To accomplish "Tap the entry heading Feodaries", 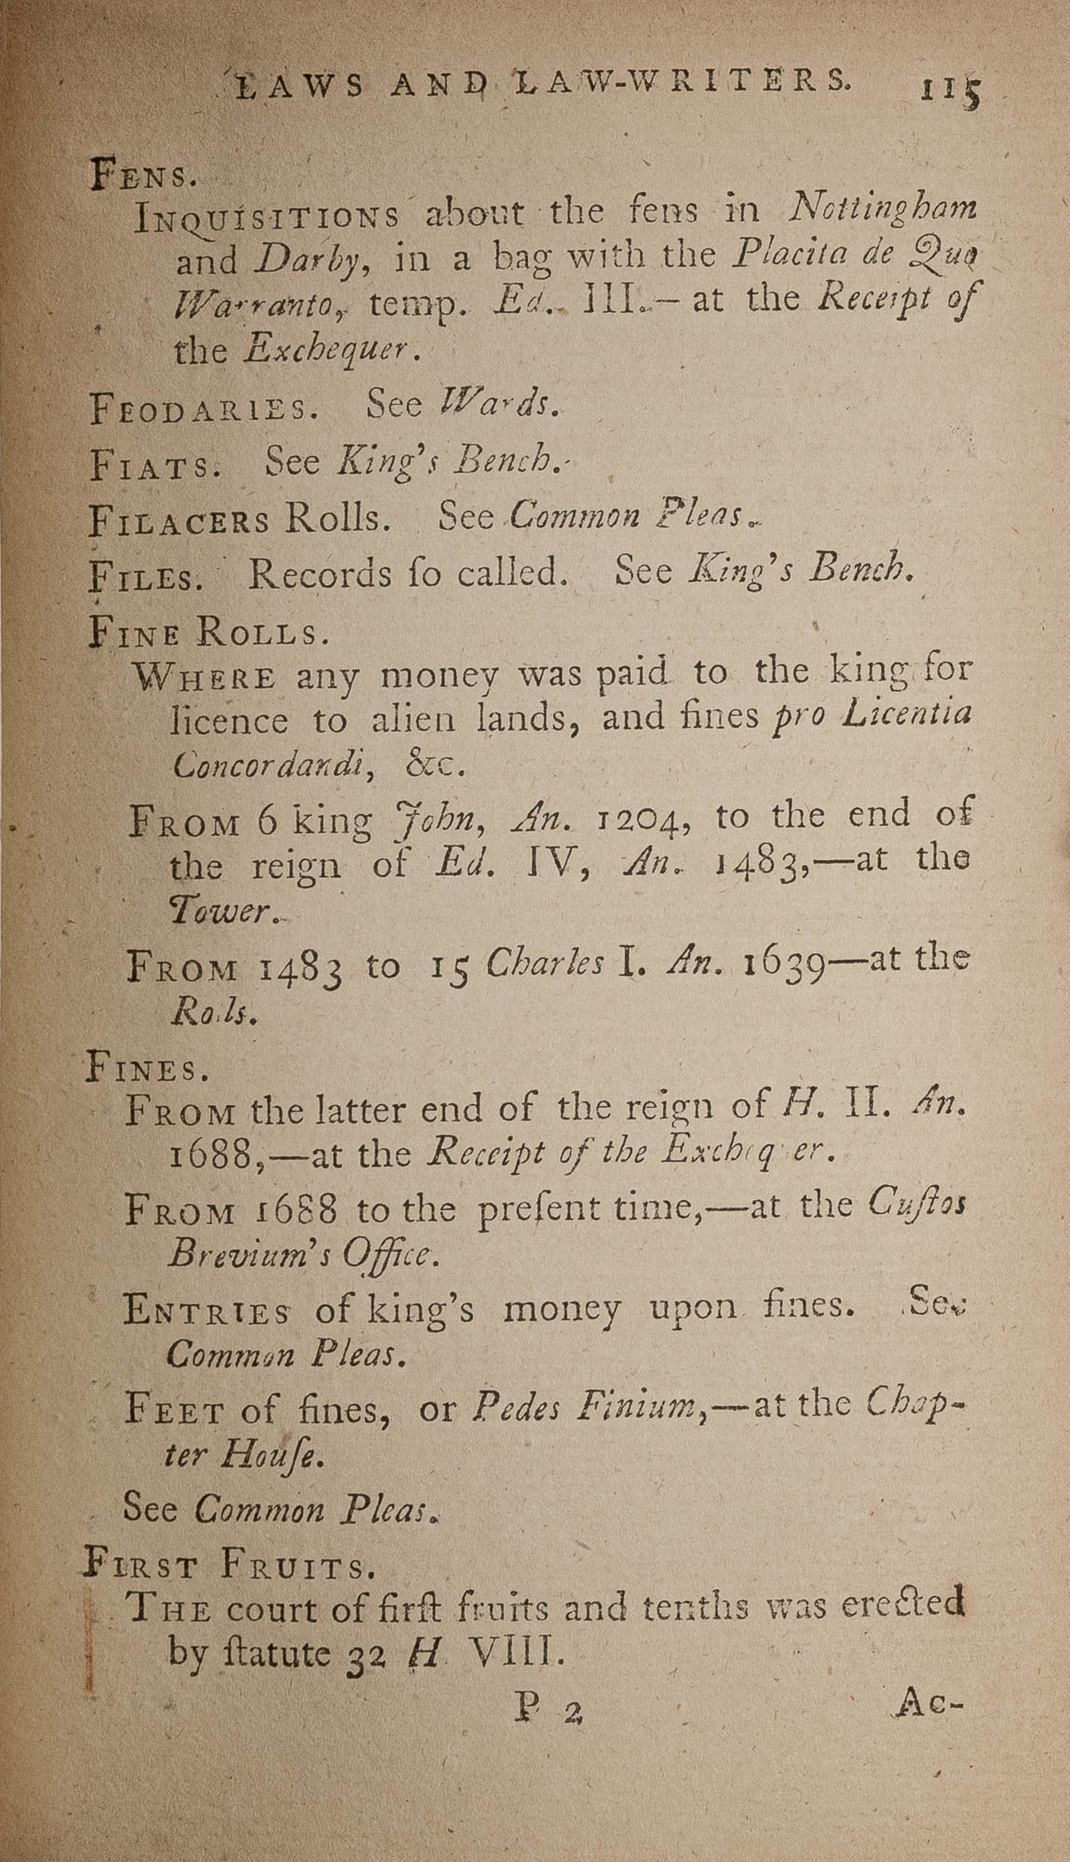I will (202, 409).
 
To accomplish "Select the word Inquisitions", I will (266, 217).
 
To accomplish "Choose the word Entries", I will (207, 1311).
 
